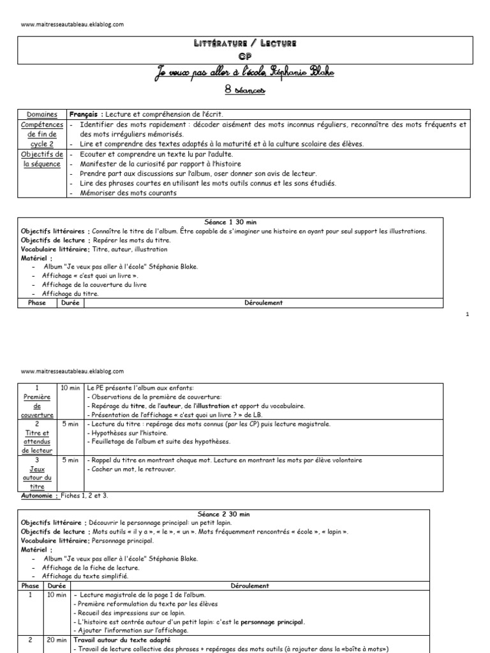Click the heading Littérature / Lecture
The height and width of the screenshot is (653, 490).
[x=245, y=43]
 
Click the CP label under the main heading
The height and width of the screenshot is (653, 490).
[x=245, y=55]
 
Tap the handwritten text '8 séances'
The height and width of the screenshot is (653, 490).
[x=245, y=91]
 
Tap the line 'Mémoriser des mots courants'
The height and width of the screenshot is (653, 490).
[x=128, y=193]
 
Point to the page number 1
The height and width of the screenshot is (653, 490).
[x=468, y=314]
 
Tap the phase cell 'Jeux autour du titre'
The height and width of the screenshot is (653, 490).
[x=38, y=472]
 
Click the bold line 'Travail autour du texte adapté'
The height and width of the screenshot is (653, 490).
[x=122, y=640]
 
